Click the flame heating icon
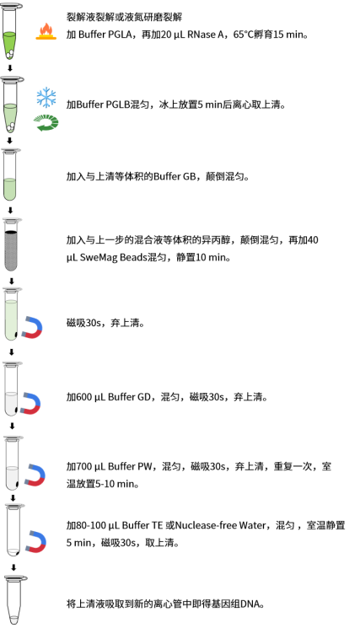click(46, 31)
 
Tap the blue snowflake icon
click(46, 97)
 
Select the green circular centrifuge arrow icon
click(46, 122)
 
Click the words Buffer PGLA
click(105, 35)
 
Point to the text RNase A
click(205, 35)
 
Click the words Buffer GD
click(129, 397)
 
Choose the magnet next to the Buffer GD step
click(31, 403)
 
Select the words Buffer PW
click(130, 467)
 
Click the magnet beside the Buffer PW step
click(35, 475)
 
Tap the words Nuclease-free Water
click(220, 525)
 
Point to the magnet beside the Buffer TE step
click(35, 541)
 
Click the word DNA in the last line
click(250, 604)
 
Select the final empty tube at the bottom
click(14, 599)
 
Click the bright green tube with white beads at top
click(12, 32)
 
